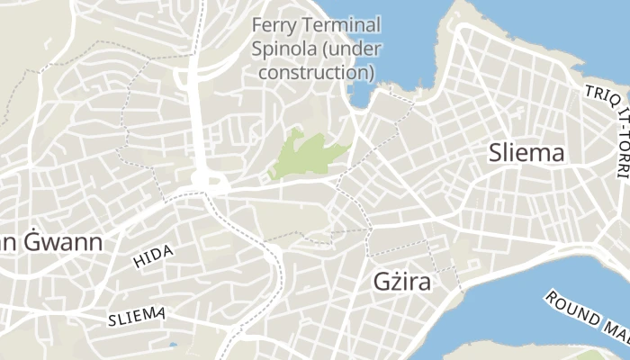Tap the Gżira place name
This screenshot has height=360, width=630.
[x=401, y=282]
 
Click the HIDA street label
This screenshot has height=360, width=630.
[x=152, y=256]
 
